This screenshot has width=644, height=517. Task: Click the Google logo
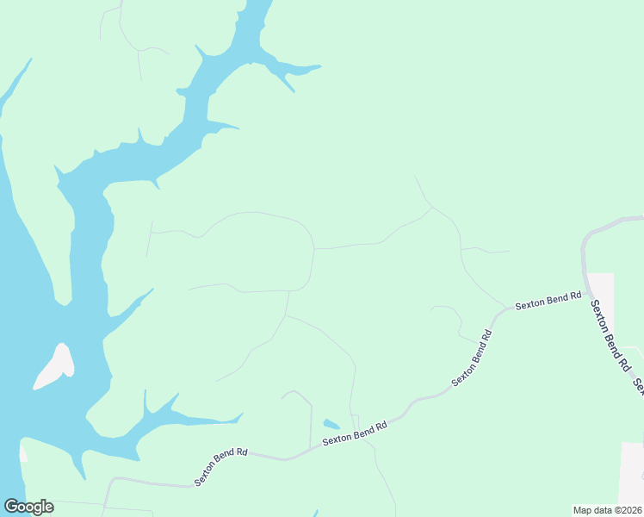coord(28,507)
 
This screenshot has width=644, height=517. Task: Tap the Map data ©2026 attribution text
coord(607,509)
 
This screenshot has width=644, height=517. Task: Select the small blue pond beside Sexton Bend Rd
coord(331,424)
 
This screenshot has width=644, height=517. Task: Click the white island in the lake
coord(53,366)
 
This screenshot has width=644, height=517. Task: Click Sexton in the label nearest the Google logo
coord(207,474)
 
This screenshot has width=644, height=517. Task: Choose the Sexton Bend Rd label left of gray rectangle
coord(548,301)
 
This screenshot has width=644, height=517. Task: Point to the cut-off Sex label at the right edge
coord(638,387)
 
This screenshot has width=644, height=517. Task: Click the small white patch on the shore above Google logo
coord(23,451)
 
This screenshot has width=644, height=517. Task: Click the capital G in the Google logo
coord(11,506)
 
